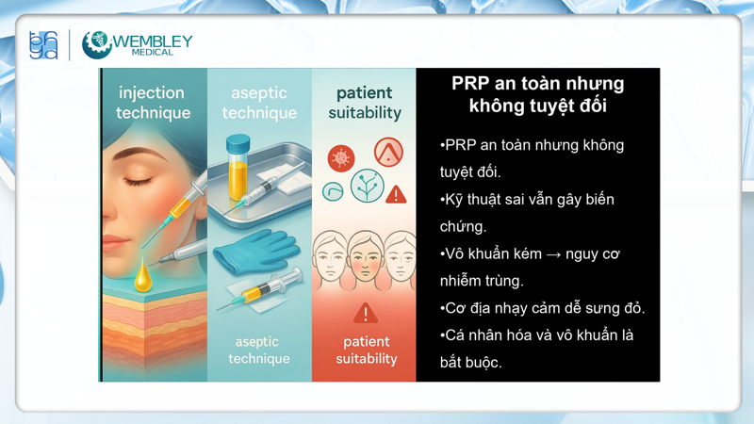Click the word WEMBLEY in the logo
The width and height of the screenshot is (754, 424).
pyautogui.click(x=154, y=41)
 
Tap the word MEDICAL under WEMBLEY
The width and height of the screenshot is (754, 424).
pyautogui.click(x=154, y=53)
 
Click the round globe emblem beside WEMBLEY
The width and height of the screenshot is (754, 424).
pyautogui.click(x=96, y=44)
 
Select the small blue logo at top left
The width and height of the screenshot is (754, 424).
pyautogui.click(x=43, y=44)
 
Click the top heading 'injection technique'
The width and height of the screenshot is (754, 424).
pyautogui.click(x=153, y=103)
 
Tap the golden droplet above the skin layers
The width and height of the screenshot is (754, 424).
pyautogui.click(x=142, y=274)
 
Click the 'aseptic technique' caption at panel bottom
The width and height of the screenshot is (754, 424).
pyautogui.click(x=259, y=350)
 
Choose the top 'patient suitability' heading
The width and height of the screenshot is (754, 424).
pyautogui.click(x=364, y=103)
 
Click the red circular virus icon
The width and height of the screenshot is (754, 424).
pyautogui.click(x=341, y=157)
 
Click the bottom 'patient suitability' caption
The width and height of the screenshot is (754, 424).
pyautogui.click(x=366, y=350)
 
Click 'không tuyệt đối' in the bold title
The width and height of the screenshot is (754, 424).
pyautogui.click(x=537, y=106)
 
